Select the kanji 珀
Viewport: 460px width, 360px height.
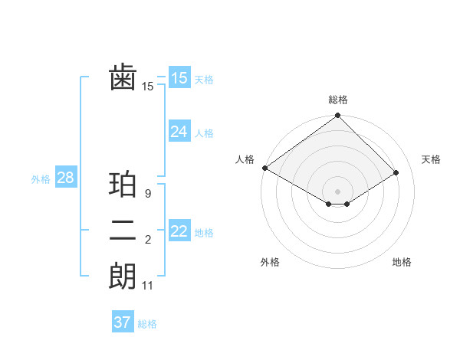point(123,185)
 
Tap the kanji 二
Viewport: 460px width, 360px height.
point(123,231)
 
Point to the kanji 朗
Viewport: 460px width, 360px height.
point(123,277)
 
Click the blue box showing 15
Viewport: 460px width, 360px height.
point(179,78)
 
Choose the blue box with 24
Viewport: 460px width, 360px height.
point(179,132)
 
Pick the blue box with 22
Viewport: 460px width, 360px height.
point(179,231)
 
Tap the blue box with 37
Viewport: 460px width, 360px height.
point(122,322)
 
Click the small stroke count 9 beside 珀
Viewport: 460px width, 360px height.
point(147,194)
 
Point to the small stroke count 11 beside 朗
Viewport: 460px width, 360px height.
point(148,286)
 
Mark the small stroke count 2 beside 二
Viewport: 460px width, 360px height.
point(147,240)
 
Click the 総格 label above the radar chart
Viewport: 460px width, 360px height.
point(337,100)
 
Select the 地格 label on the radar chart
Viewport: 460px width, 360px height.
point(402,262)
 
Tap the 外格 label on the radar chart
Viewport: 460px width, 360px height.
point(270,262)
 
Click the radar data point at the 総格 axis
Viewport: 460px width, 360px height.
point(337,116)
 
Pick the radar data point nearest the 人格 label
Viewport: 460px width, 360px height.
point(264,168)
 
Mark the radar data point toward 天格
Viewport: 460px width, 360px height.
point(396,172)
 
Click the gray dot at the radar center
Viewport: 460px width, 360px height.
point(337,191)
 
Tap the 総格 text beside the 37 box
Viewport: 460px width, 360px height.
point(147,324)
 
